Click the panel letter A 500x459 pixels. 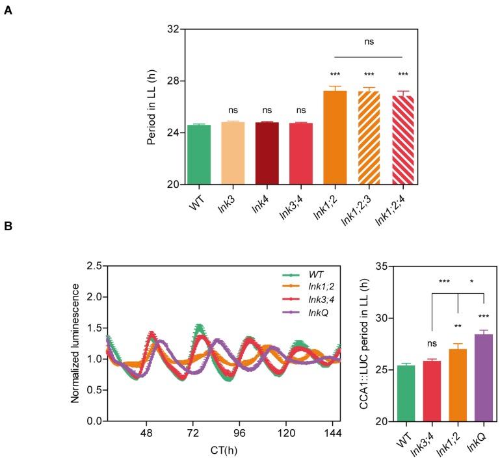tap(8, 12)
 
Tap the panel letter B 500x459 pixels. tap(8, 227)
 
